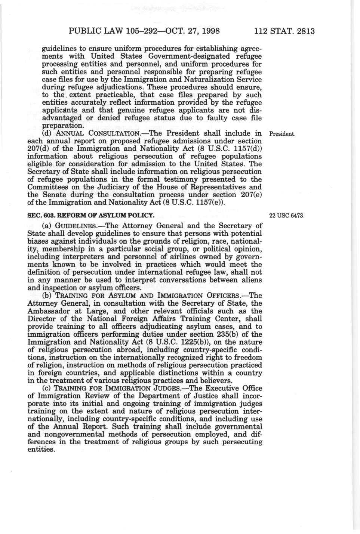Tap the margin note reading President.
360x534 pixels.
click(x=283, y=133)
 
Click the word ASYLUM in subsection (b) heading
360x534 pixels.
click(x=101, y=296)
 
